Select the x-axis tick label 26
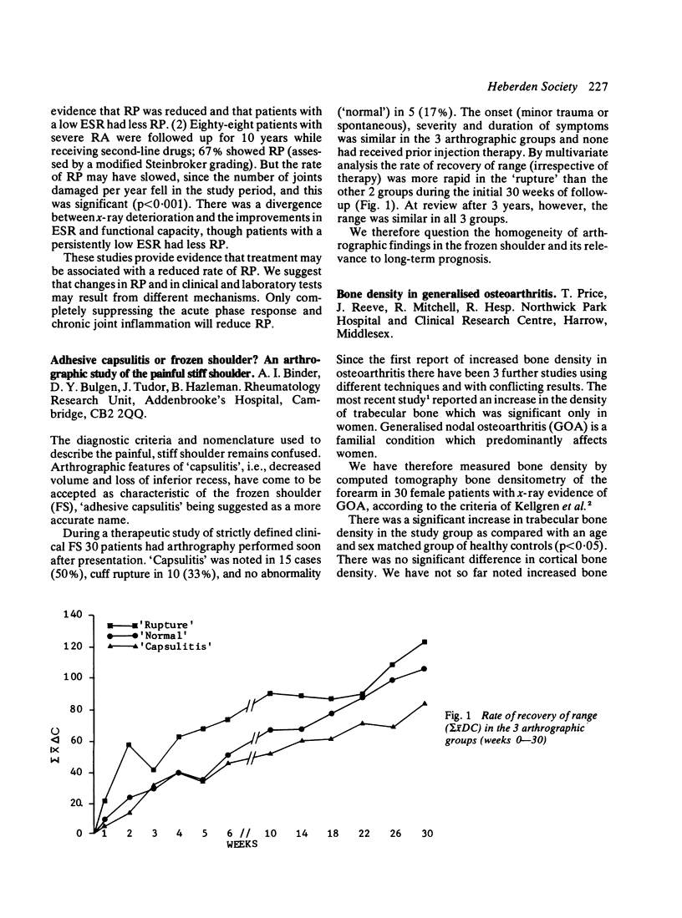pos(394,834)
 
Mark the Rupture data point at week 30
pos(425,642)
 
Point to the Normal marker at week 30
pos(425,668)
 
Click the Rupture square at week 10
pos(270,693)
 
